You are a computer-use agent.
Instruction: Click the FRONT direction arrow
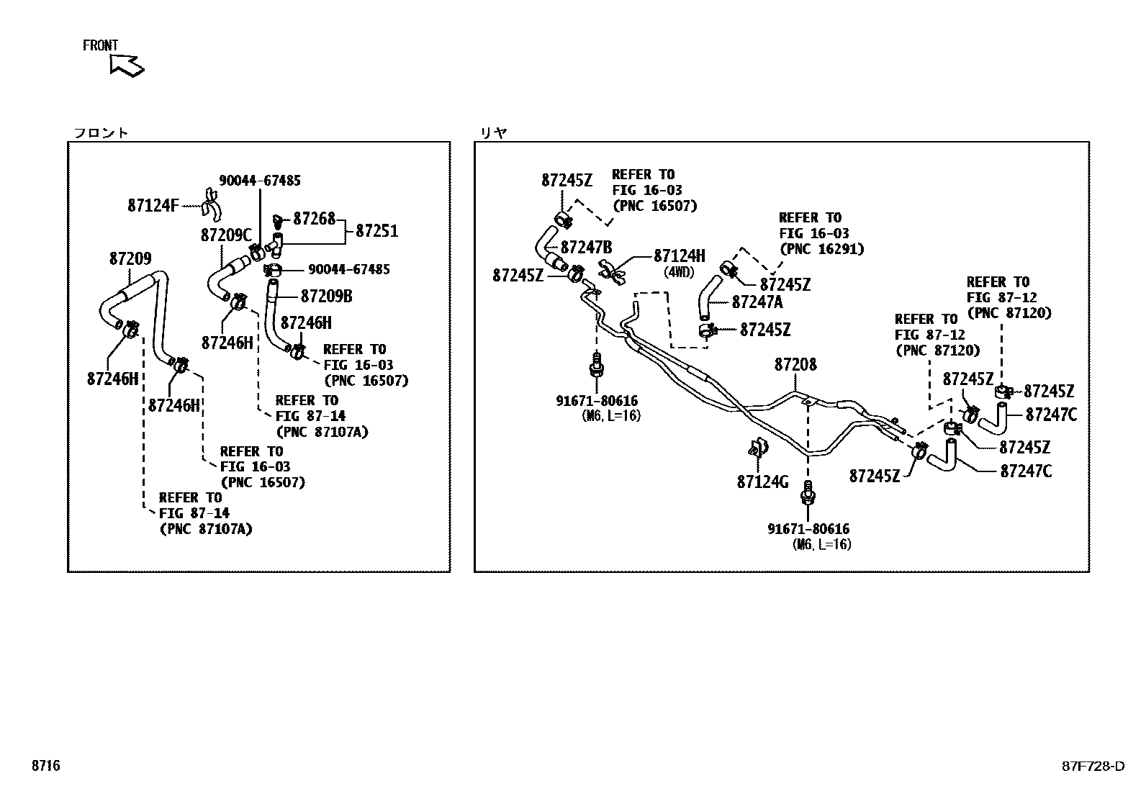point(127,65)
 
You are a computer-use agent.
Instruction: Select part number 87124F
point(153,205)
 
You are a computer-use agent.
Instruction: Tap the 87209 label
point(130,258)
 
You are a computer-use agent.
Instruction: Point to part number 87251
point(376,231)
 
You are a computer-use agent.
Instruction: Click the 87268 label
point(315,218)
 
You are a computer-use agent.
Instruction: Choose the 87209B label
point(326,296)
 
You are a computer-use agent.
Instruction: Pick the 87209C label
point(226,235)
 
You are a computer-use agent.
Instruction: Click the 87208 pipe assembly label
point(795,365)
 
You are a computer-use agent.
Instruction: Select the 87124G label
point(762,482)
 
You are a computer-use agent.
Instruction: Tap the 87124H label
point(679,256)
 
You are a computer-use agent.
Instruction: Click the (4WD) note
point(679,272)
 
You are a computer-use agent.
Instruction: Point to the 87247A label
point(757,302)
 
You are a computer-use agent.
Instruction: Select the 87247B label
point(586,248)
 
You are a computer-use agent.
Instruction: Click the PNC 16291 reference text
point(821,249)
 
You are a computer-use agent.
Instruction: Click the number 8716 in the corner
point(45,766)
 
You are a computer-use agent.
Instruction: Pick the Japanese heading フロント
point(101,132)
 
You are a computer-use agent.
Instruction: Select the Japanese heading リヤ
point(493,132)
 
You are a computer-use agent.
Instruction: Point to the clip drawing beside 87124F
point(210,203)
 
